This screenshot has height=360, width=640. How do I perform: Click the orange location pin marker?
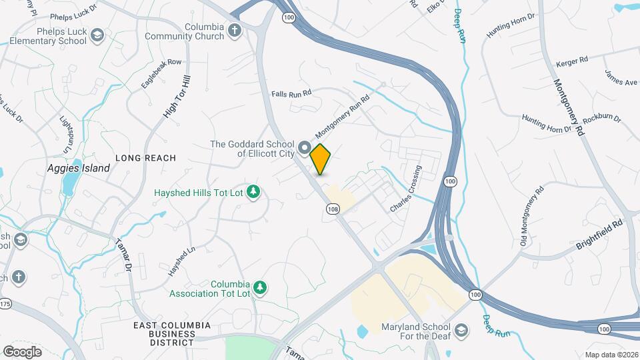coord(321,159)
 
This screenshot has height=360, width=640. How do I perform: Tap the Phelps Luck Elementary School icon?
coord(97,35)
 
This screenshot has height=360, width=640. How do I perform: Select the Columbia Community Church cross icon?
coord(235,30)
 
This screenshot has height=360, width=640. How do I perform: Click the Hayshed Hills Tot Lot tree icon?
coord(253,193)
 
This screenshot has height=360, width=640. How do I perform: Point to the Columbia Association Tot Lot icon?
coord(260,288)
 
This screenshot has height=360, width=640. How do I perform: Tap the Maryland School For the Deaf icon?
coord(461,330)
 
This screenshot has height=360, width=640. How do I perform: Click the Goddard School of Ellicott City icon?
coord(305,147)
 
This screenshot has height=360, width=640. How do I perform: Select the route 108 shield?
coord(333,209)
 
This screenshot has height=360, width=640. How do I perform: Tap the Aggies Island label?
coord(79,169)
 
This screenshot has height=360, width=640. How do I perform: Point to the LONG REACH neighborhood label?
coord(145,158)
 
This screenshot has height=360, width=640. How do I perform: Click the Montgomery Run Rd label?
coord(342,111)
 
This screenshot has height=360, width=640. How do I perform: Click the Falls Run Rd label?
coord(291,94)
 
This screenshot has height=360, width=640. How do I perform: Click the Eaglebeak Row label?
coord(161,73)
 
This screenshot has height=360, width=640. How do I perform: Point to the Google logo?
coord(22,351)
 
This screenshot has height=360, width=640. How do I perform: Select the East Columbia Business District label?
coord(172,333)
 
